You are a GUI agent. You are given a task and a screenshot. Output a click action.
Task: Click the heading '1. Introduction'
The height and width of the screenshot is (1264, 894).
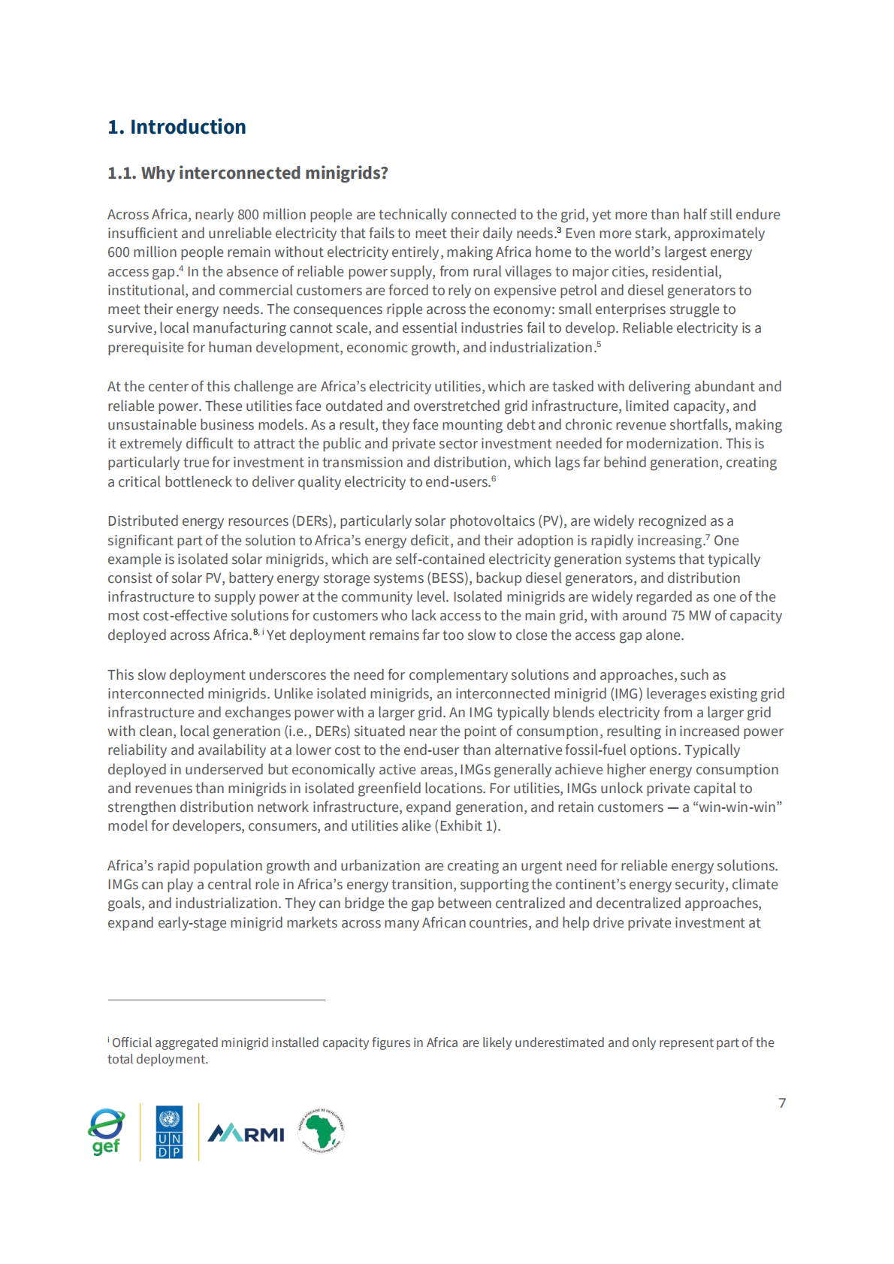(177, 127)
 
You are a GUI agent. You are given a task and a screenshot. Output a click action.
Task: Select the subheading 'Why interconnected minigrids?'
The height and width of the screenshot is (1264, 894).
(264, 173)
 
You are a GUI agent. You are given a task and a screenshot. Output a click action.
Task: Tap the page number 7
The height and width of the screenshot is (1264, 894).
(782, 1103)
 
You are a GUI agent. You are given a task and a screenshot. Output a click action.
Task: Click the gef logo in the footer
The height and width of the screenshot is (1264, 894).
(107, 1131)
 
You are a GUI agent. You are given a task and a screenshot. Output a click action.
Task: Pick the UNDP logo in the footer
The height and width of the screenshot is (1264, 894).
(169, 1132)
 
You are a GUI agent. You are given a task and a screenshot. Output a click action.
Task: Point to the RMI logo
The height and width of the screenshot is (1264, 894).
(246, 1133)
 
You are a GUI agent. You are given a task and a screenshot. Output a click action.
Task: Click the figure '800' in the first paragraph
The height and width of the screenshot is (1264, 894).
(248, 215)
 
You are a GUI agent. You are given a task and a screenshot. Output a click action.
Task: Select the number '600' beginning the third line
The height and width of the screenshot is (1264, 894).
(119, 252)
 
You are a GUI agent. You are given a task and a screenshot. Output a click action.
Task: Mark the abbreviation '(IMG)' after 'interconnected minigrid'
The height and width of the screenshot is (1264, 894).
(626, 694)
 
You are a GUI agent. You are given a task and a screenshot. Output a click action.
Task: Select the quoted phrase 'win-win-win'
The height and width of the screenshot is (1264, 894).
(739, 807)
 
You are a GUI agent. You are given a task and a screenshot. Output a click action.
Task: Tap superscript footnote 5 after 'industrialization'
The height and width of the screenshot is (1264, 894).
(599, 345)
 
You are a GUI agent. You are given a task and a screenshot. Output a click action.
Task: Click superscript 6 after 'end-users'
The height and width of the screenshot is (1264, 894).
(494, 479)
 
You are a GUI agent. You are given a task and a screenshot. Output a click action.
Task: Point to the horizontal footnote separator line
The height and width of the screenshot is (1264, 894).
(216, 1000)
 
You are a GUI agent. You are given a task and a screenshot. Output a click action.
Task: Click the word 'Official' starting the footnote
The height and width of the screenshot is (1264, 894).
(132, 1042)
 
